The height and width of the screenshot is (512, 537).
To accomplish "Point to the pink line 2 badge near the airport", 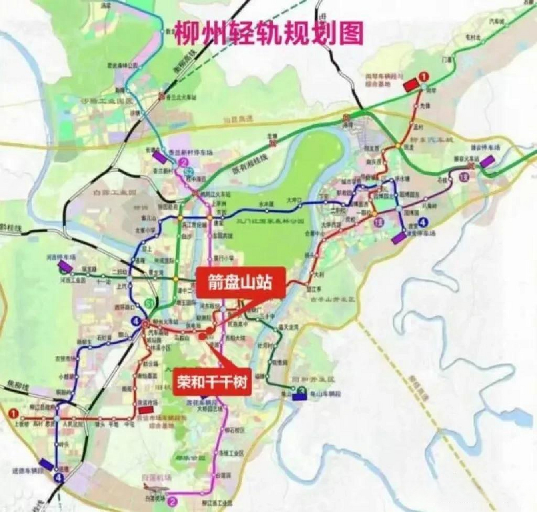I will [x=173, y=500].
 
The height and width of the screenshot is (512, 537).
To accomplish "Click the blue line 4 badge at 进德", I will [x=60, y=477].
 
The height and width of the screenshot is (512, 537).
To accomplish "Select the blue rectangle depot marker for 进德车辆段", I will [x=46, y=464].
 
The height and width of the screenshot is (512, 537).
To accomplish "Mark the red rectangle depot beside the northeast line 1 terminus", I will [x=410, y=85].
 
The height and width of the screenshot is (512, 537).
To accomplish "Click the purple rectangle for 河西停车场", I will [x=65, y=265].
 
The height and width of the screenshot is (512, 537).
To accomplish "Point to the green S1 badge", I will [x=150, y=302].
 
